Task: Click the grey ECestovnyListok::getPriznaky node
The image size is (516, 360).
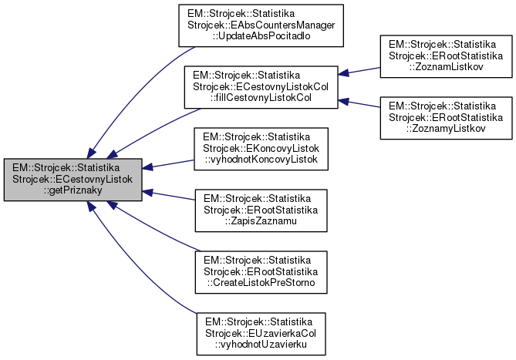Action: tap(73, 180)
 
